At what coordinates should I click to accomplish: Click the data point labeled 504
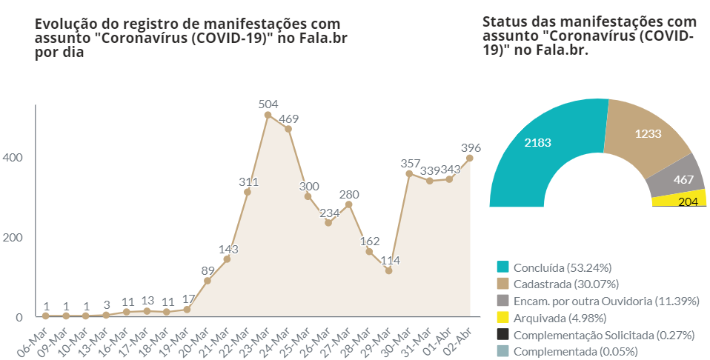tap(268, 115)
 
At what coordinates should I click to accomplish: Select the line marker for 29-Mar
tap(388, 270)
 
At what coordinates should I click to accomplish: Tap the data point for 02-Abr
tap(469, 158)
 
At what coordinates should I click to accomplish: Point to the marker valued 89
tap(208, 281)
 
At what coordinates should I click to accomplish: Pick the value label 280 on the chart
tap(348, 195)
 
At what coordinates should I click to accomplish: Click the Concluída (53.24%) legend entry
tap(563, 267)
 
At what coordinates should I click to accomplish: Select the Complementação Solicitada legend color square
tap(503, 335)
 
